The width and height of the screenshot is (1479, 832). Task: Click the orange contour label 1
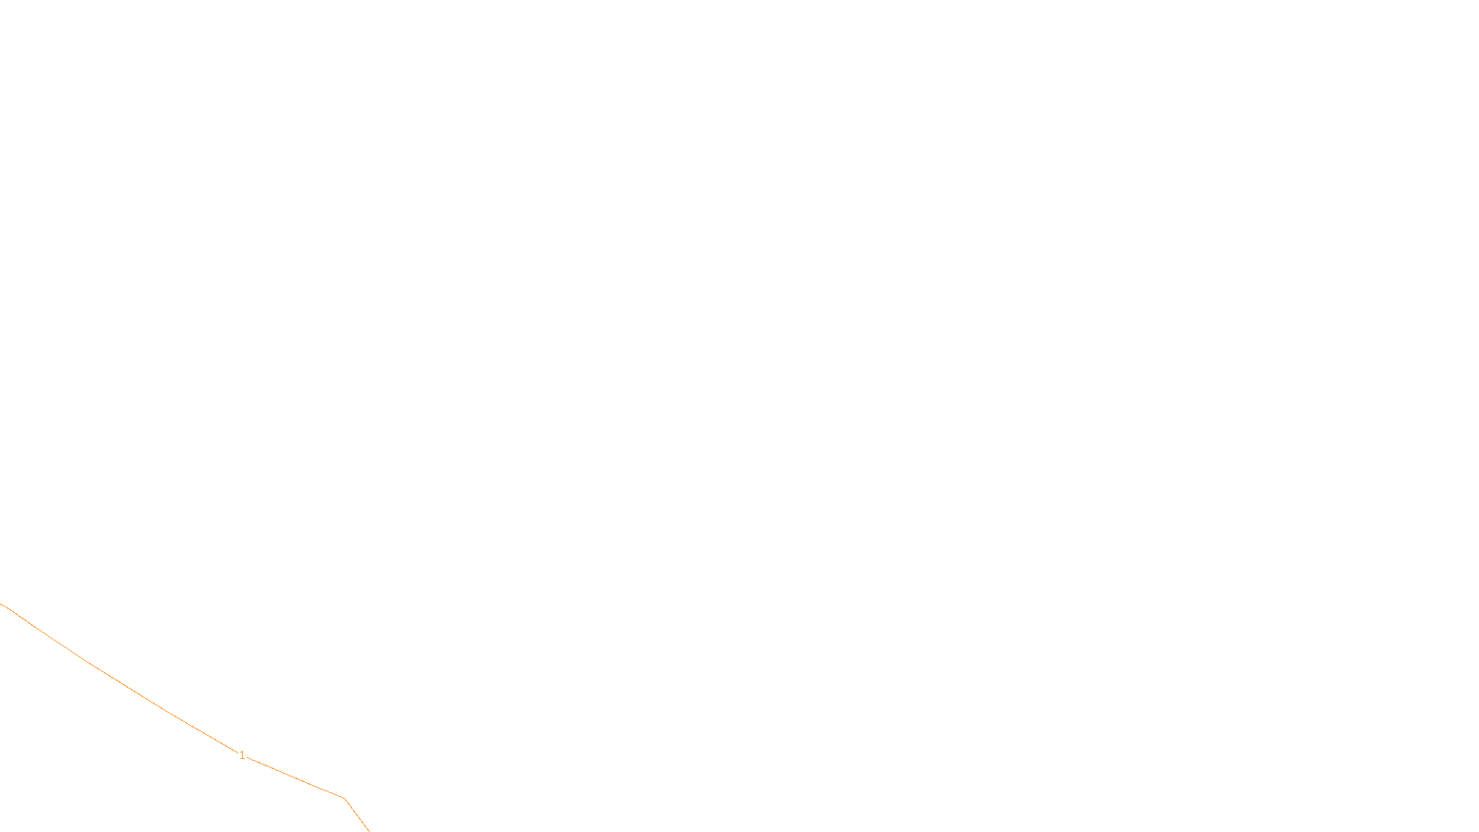[242, 755]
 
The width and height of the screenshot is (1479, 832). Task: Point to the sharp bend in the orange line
[344, 798]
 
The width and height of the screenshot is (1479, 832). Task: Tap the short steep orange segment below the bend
[357, 815]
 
